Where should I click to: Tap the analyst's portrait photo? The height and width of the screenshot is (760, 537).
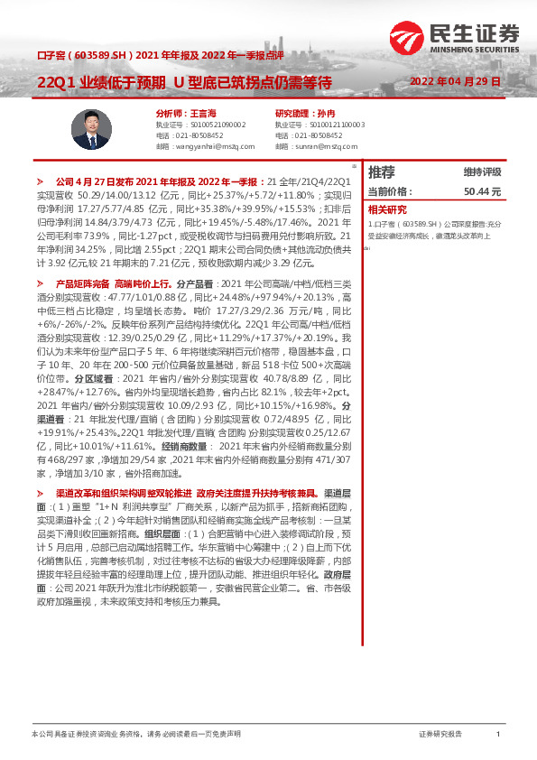[x=90, y=129]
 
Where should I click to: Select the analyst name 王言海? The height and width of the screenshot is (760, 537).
[x=204, y=114]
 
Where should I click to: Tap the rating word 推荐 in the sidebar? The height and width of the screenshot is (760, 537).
[x=382, y=171]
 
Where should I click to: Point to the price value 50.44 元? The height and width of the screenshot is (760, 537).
[x=482, y=192]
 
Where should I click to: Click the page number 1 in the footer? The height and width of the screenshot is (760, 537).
[x=497, y=736]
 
